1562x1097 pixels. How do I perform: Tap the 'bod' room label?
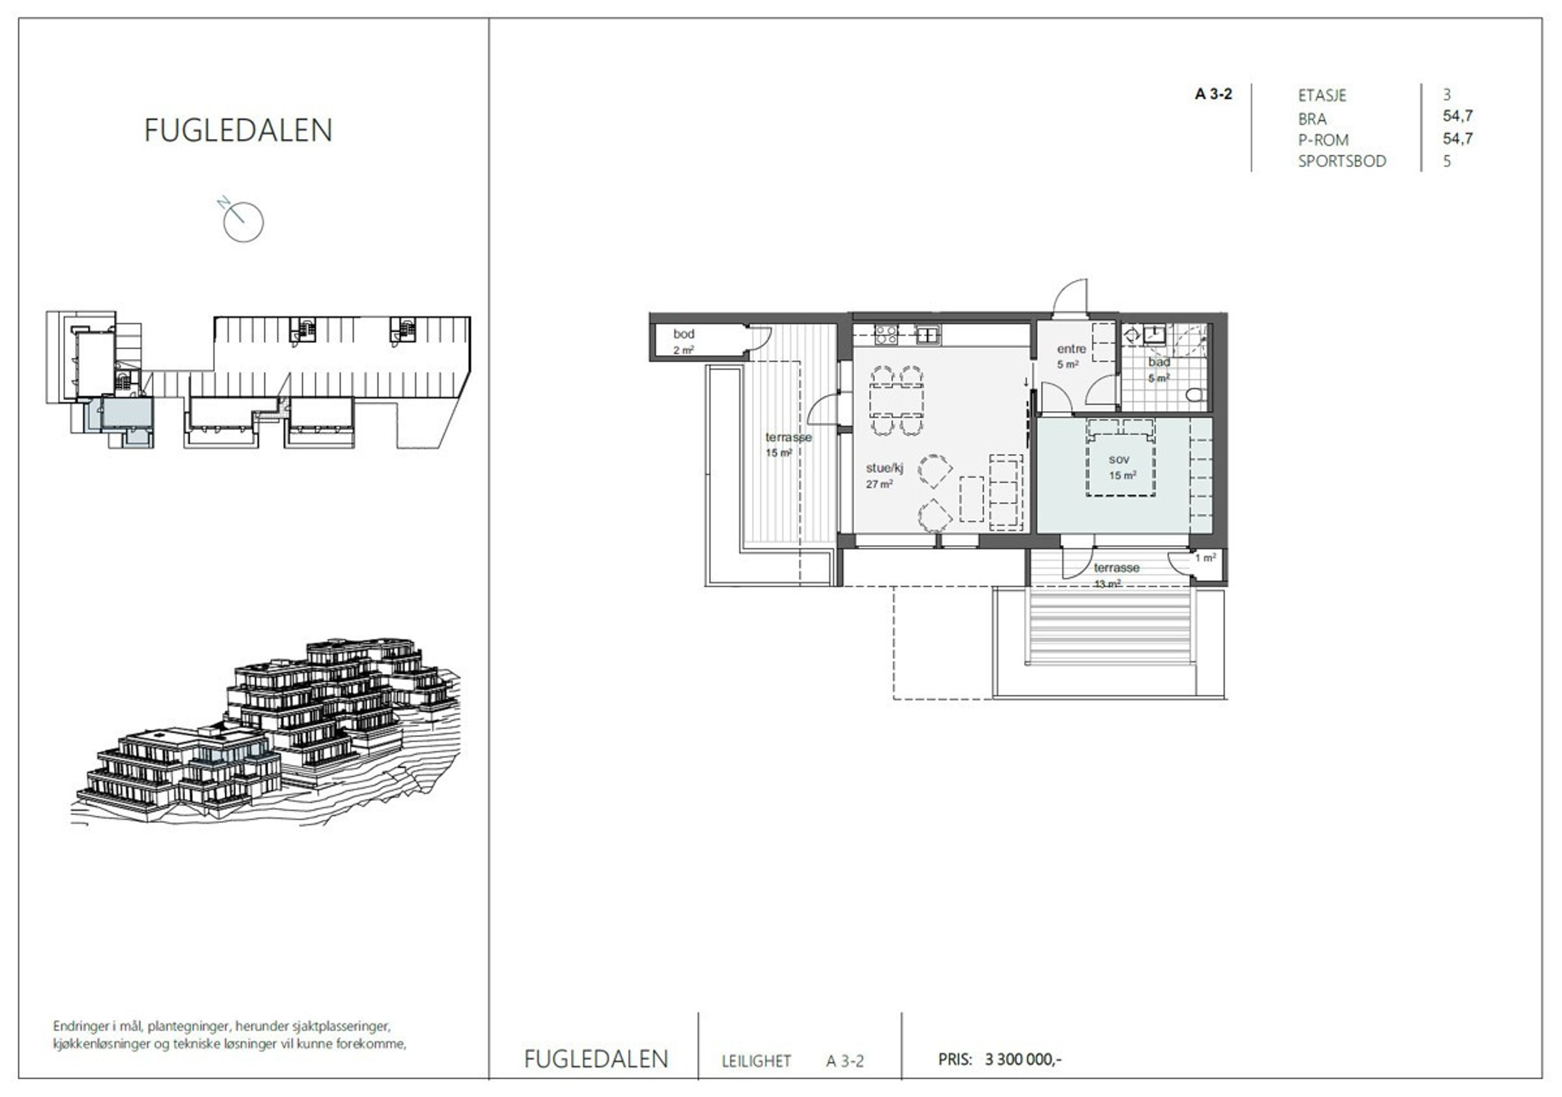click(x=684, y=334)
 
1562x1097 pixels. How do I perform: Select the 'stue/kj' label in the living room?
click(x=884, y=468)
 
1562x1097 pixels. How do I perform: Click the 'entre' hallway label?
click(x=1071, y=349)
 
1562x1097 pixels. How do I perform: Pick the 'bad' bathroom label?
click(x=1159, y=362)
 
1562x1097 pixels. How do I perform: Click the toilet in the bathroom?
click(x=1196, y=394)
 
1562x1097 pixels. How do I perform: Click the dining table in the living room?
click(x=897, y=400)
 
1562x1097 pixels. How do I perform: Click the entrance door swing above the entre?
click(x=1070, y=298)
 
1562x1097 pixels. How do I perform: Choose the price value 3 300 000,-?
click(x=1023, y=1059)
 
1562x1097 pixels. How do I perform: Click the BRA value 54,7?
click(x=1458, y=116)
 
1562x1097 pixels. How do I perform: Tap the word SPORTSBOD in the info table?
click(x=1342, y=161)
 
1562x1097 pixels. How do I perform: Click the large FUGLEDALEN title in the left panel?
click(x=238, y=130)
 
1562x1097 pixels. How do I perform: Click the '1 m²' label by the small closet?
click(x=1206, y=558)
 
